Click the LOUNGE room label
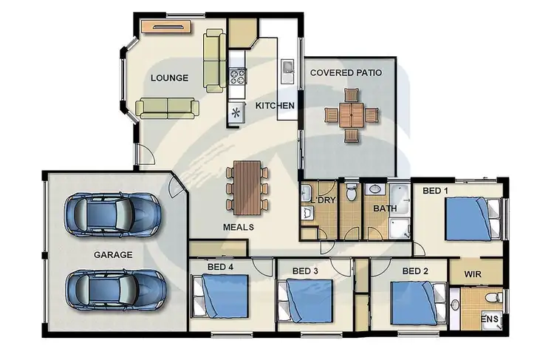coord(169,78)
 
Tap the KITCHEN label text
coord(275,106)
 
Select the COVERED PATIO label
coord(346,72)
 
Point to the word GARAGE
coord(113,254)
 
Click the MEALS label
coord(239,227)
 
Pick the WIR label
coord(473,274)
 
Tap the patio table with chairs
coord(352,115)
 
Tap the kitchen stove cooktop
coord(238,75)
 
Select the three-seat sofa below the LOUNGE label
coord(167,108)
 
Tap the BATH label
coord(384,208)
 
